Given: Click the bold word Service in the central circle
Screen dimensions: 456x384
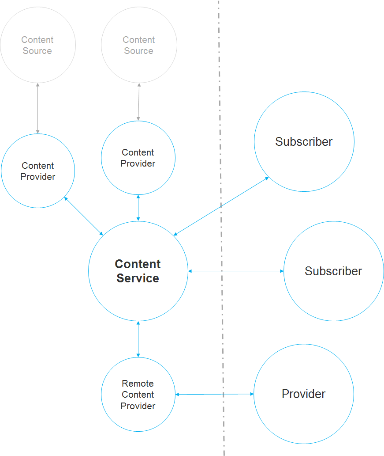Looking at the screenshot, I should tap(138, 278).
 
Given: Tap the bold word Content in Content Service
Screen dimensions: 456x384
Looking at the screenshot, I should tap(138, 264).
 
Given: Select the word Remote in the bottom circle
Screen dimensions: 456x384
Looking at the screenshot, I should tap(138, 384).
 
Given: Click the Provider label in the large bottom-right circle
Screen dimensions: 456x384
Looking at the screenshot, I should tap(303, 394).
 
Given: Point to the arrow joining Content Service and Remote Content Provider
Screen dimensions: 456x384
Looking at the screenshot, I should tap(138, 339).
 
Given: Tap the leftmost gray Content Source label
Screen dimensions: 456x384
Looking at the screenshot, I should tap(37, 45).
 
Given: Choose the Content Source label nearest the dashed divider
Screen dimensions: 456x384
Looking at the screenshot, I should tap(138, 45).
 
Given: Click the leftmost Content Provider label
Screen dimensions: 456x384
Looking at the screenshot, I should tap(38, 171).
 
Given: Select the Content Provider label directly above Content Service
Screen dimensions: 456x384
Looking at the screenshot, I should tap(138, 158).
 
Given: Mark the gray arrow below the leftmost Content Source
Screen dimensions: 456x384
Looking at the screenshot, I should tap(38, 108).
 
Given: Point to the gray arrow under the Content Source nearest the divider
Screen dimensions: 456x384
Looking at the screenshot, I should tap(139, 102).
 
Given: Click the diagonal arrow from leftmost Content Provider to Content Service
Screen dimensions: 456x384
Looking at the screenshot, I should tap(84, 216).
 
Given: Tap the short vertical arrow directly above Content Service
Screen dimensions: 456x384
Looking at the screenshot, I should tap(138, 208).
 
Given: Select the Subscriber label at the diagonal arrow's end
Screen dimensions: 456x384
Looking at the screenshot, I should tap(304, 142).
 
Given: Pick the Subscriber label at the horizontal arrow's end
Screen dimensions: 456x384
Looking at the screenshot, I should tap(333, 271).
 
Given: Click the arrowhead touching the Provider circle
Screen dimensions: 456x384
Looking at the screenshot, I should tap(252, 394).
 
